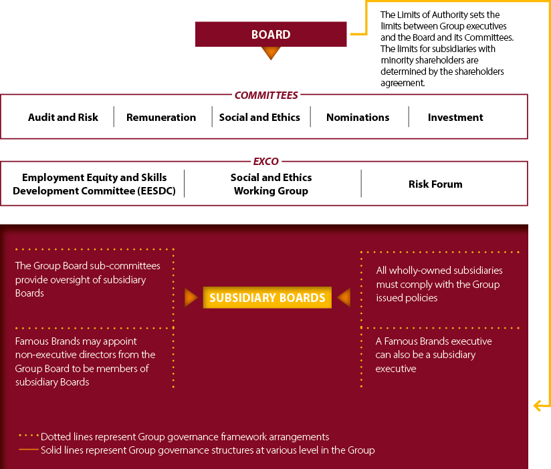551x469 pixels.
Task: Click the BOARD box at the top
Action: pos(271,34)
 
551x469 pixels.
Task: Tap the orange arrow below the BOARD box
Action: pos(271,53)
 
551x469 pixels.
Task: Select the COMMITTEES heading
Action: pos(266,95)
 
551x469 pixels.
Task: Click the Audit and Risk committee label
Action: pos(63,118)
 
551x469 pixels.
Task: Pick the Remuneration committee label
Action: pos(161,118)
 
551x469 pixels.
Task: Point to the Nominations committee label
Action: pos(358,118)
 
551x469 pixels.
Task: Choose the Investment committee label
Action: pos(455,118)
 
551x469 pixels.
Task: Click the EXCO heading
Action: pos(266,162)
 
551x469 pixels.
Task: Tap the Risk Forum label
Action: pos(435,184)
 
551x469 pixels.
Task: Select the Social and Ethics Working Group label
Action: pos(271,184)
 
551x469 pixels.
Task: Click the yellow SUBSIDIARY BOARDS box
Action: pos(267,298)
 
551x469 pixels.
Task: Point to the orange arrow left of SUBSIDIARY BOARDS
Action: pos(191,298)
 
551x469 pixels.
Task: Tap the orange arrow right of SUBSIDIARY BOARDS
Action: pos(344,298)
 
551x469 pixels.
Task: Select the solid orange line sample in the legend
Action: pos(29,450)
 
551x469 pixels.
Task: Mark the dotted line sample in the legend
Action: pos(29,436)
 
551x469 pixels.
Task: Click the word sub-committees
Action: pos(129,266)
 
